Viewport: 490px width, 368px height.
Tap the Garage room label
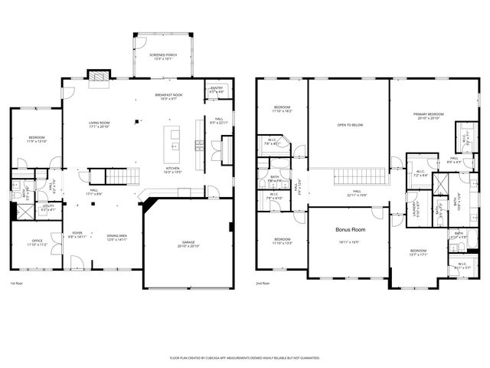(188, 245)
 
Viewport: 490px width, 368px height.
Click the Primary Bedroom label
(430, 116)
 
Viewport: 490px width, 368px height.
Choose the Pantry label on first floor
(217, 90)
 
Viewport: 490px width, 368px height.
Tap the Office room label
(38, 243)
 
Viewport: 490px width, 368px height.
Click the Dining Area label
(116, 238)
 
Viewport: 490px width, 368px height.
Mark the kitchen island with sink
(173, 141)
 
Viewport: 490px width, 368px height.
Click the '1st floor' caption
(17, 283)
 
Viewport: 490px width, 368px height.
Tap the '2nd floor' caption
(263, 283)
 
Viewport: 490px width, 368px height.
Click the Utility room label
(47, 207)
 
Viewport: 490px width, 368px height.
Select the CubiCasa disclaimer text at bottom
(244, 357)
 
